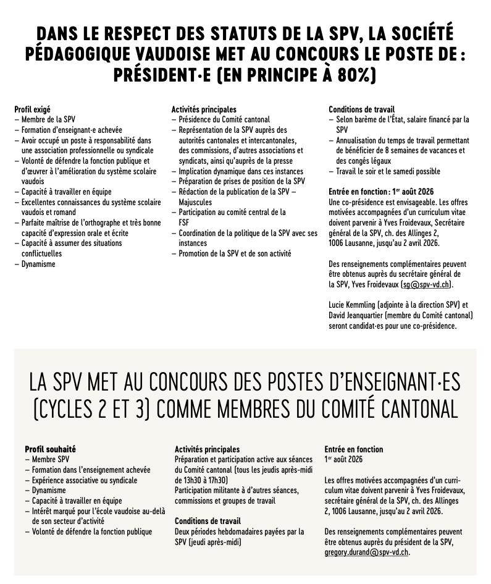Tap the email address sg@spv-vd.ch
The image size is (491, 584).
click(x=426, y=284)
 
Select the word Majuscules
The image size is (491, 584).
click(x=195, y=202)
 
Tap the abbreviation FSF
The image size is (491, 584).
click(x=184, y=222)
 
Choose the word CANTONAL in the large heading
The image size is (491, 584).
click(x=397, y=409)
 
